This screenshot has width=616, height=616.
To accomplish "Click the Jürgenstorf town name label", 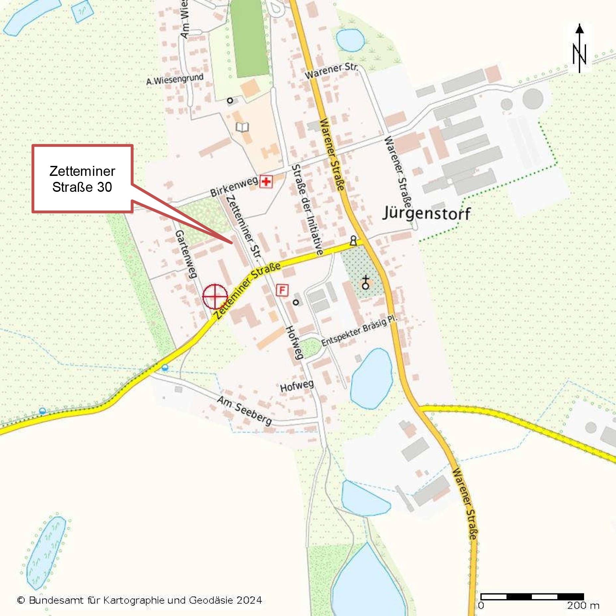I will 427,213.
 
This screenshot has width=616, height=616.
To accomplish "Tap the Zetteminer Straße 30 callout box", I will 82,179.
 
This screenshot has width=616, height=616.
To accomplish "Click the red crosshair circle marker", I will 215,296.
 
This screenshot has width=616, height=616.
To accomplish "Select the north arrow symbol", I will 579,48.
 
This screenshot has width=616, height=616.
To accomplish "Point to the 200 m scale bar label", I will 583,605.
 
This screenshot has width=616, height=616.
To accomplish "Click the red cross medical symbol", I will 266,182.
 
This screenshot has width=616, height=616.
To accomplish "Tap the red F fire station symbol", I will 282,290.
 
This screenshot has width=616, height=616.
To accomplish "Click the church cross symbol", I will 366,282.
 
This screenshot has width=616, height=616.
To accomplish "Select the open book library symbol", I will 242,127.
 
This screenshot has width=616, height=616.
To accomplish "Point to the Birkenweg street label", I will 234,187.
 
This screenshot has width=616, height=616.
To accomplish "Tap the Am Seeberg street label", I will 244,411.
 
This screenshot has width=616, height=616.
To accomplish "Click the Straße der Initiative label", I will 307,209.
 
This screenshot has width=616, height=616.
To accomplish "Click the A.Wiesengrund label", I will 175,79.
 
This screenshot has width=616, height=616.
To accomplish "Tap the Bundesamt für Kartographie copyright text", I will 140,600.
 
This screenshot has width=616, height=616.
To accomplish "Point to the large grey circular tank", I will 533,98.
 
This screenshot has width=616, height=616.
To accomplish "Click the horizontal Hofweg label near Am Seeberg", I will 297,386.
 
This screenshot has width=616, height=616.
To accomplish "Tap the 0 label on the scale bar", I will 481,605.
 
